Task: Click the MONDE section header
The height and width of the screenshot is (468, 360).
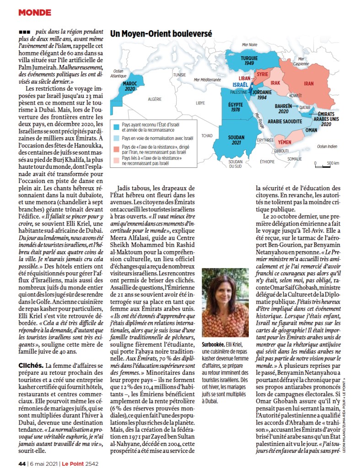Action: pos(34,12)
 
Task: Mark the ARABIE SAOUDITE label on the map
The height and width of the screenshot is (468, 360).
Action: pos(285,121)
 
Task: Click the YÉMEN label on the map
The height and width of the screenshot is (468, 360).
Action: pos(285,142)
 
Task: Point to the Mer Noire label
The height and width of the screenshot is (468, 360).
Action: pos(250,45)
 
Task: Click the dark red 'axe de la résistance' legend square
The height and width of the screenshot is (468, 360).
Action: pos(117,147)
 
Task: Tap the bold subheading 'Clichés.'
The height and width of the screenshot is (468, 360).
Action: pos(30,365)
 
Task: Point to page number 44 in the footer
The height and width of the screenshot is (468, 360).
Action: pos(21,463)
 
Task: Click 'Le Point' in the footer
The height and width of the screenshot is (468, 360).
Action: pos(73,463)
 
